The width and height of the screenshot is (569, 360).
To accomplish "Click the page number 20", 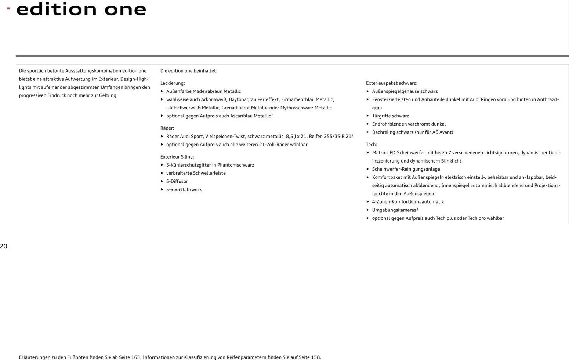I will coord(4,246).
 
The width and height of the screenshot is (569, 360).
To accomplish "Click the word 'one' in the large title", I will coord(125,9).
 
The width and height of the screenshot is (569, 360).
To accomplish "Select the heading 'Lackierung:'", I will coord(173,83).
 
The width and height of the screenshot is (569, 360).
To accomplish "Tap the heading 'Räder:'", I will coord(167,128).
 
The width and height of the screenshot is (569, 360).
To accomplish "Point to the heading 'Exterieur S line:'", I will coord(177,157).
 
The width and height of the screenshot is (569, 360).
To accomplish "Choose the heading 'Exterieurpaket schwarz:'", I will coord(391,83).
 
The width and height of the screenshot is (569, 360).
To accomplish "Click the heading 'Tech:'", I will coord(371,145).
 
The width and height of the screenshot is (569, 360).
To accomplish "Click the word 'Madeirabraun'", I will coord(207,91).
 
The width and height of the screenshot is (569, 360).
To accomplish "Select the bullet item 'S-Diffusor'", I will coord(177,181).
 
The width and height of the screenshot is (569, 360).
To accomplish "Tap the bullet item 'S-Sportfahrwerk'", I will coord(184,190).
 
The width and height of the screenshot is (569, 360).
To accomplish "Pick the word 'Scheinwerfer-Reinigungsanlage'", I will coord(406,169).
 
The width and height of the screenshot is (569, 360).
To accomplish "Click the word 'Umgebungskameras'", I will coord(394,210).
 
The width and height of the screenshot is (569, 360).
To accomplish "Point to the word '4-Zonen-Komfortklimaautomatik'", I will coord(407,202).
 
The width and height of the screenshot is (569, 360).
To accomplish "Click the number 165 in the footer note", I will coord(135,357).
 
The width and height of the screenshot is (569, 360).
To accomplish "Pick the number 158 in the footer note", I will coord(315,357).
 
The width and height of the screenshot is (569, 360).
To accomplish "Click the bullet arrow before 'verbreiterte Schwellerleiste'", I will coord(162,173).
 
